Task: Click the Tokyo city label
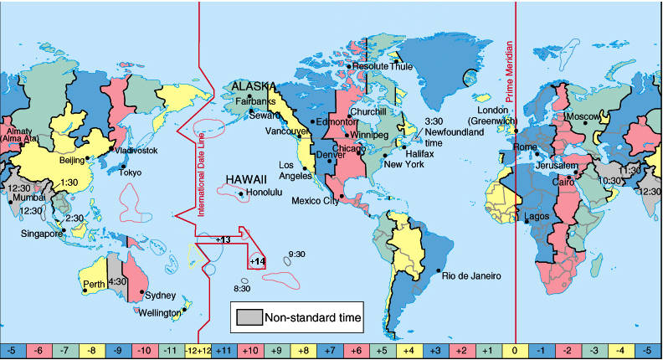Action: click(x=130, y=172)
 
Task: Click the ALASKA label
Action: click(x=254, y=86)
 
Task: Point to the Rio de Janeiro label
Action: click(x=471, y=275)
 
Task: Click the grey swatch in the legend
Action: click(x=249, y=317)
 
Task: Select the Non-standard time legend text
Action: click(x=313, y=317)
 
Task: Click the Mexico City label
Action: click(x=315, y=201)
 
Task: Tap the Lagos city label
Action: click(x=536, y=217)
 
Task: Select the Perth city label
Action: click(x=94, y=284)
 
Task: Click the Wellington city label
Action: click(x=158, y=312)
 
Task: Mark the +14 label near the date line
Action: click(x=257, y=262)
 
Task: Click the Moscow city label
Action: click(x=583, y=116)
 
